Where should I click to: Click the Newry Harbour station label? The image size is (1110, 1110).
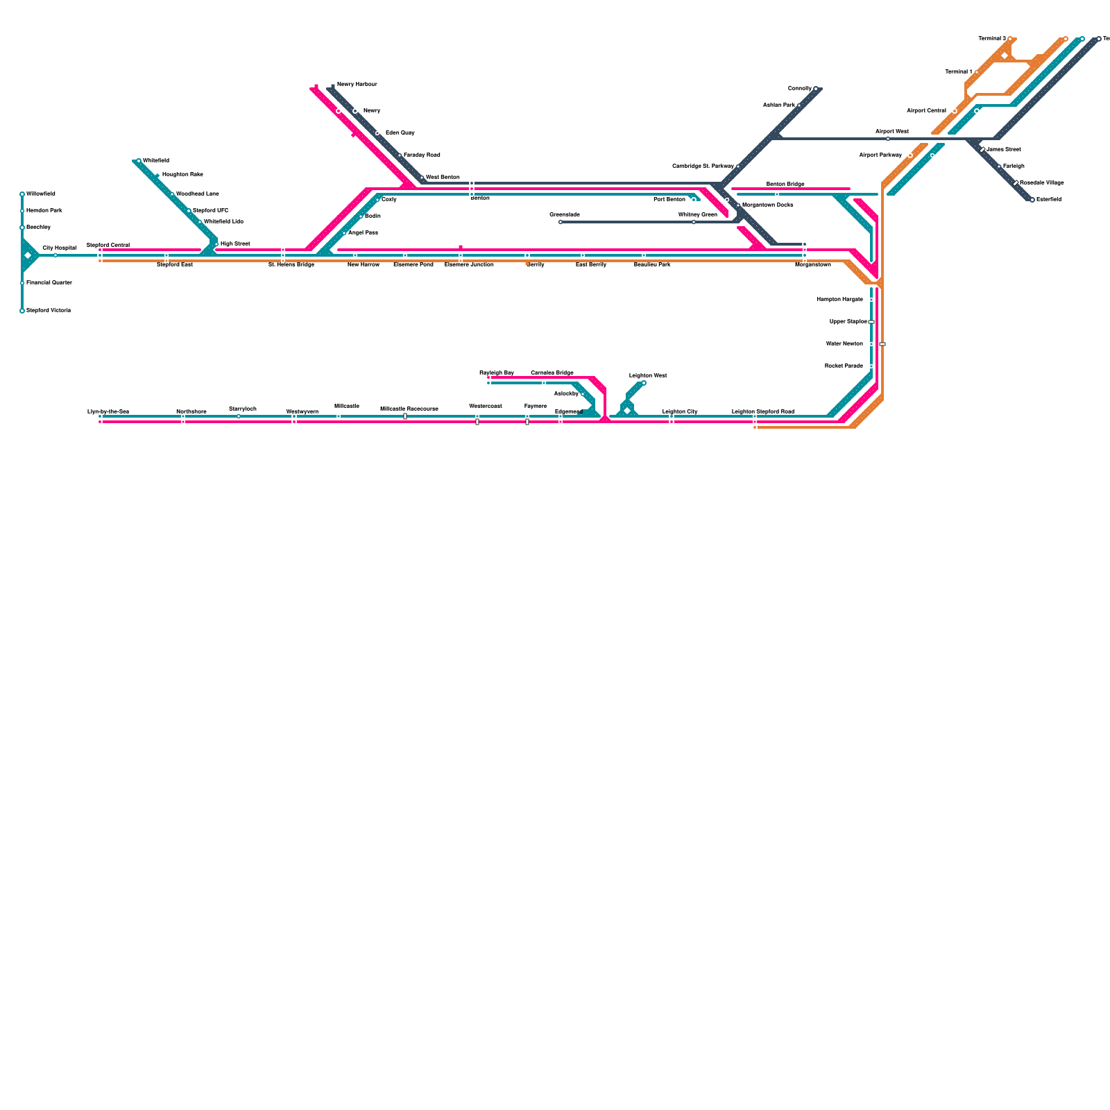point(357,85)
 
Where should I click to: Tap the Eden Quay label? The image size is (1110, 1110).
point(400,133)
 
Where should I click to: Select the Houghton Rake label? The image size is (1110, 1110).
point(182,175)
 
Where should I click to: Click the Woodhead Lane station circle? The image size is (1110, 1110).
point(173,194)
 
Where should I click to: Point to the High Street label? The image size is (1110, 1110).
point(235,244)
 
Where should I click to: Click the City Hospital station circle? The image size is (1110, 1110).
point(55,255)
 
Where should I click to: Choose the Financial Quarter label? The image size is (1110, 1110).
point(49,283)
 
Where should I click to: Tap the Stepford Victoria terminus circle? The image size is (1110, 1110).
point(22,311)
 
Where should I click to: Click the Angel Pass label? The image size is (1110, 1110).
point(363,233)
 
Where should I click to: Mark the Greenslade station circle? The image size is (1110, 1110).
point(561,222)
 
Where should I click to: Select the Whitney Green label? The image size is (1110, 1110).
point(697,215)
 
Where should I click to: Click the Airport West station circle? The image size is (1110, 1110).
point(888,139)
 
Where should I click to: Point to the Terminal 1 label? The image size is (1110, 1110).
point(959,72)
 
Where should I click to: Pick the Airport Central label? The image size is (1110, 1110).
point(926,111)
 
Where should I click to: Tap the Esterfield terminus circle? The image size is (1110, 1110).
point(1032,200)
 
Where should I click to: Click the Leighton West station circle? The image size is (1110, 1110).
point(644,383)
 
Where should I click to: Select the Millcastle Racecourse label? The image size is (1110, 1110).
point(409,409)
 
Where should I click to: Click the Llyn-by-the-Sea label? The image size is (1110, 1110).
point(108,412)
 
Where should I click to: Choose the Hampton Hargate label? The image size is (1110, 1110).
point(839,300)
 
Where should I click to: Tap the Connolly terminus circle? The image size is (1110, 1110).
point(816,89)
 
